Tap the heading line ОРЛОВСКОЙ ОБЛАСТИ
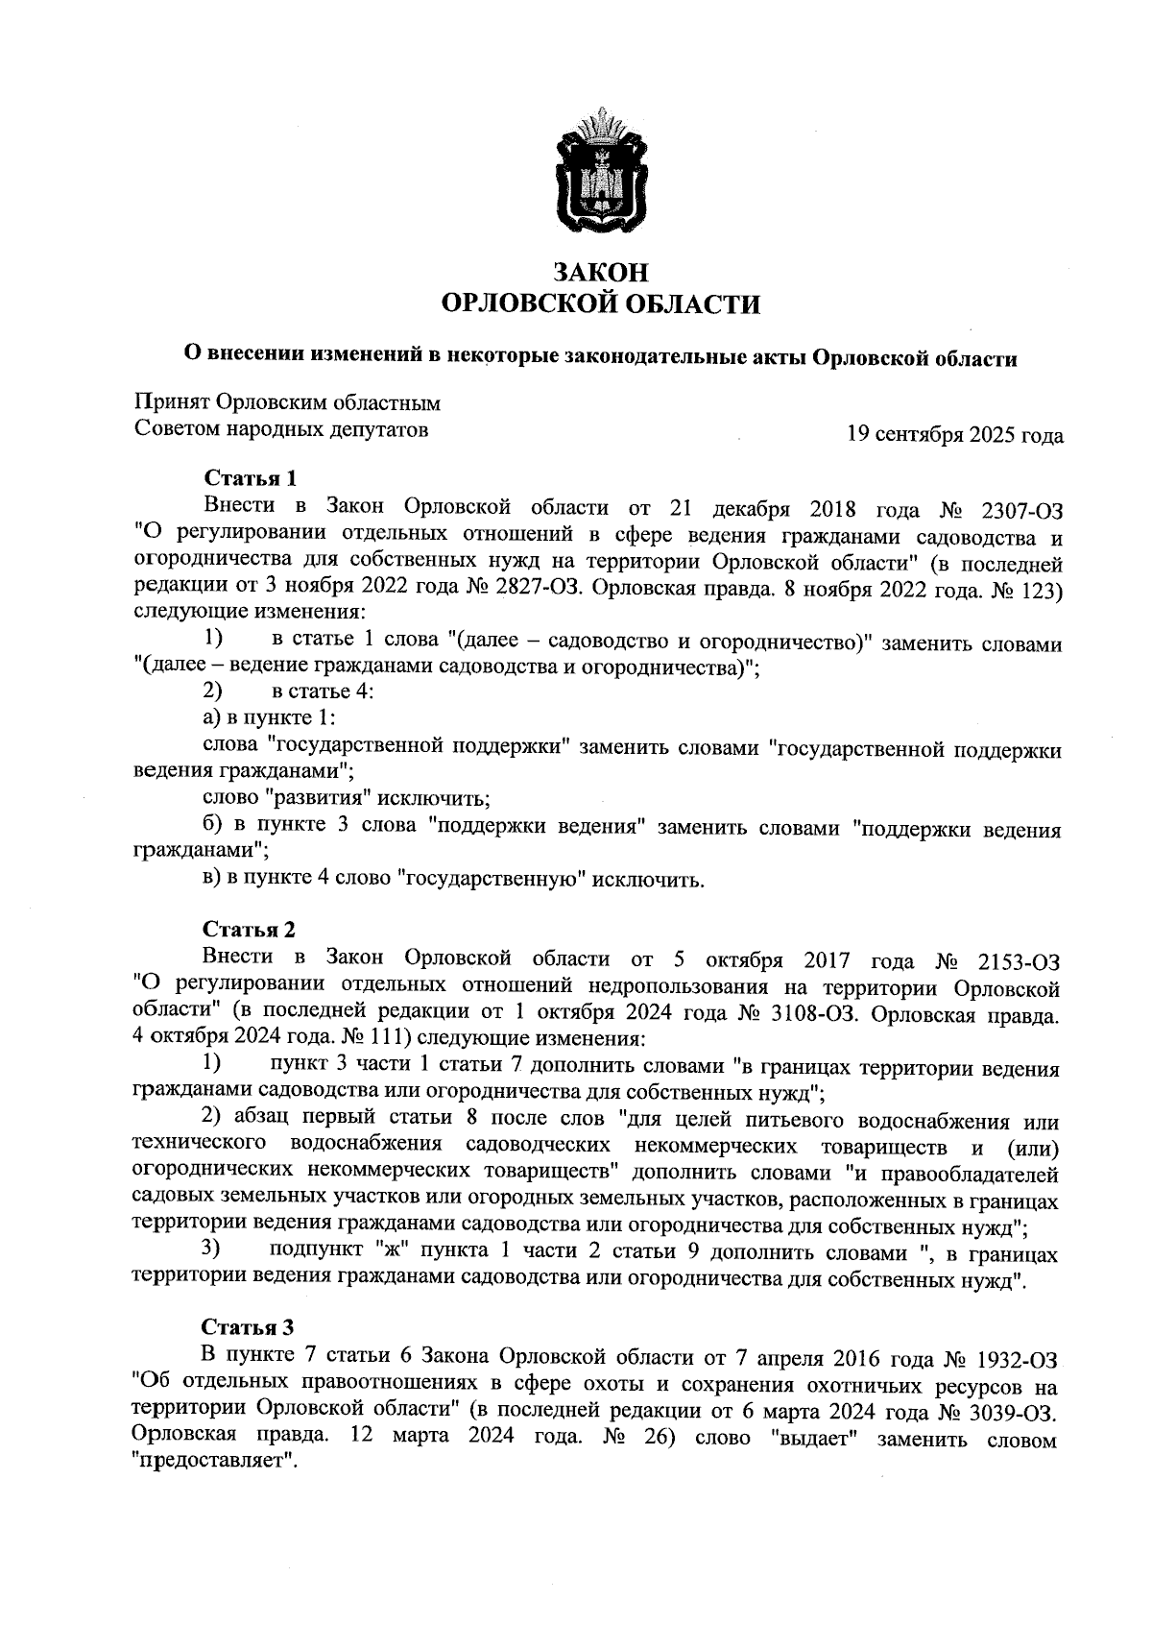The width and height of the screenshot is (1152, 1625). [x=599, y=304]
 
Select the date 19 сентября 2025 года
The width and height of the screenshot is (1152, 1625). [x=953, y=436]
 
